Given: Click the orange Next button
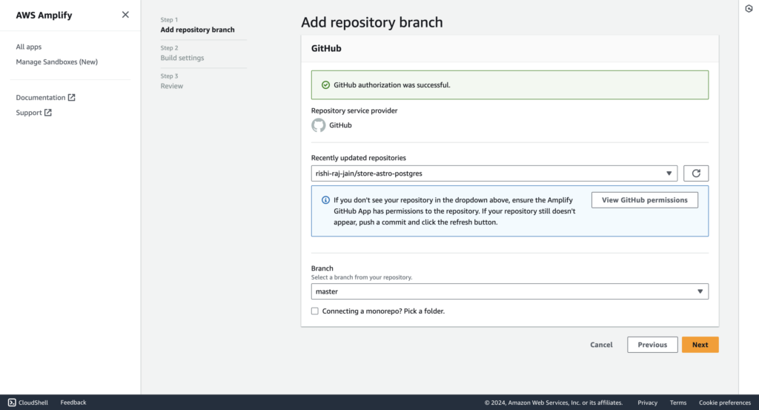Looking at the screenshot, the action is [700, 345].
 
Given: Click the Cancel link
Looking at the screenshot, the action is [601, 345].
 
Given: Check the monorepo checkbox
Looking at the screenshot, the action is [314, 311].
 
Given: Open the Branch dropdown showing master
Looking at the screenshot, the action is [510, 291].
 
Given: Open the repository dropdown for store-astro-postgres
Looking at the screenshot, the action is [494, 173].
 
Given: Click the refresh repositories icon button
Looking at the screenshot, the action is [696, 173].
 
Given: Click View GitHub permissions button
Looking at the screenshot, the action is [645, 200].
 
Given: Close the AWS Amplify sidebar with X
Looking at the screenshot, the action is [125, 15].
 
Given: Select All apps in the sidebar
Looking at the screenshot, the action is [29, 47].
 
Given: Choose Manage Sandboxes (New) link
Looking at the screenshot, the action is [56, 62].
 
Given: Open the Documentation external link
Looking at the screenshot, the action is [45, 97].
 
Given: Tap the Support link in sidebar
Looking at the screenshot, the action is [34, 112].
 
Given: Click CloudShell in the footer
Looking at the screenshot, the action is [28, 403].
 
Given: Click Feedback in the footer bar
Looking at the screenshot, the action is [73, 403].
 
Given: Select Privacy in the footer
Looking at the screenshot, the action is [647, 403].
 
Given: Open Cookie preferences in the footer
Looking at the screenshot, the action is [725, 403].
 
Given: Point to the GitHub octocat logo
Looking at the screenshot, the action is [319, 125].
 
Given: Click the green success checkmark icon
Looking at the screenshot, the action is [326, 85].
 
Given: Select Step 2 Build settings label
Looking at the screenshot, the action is [182, 53].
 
